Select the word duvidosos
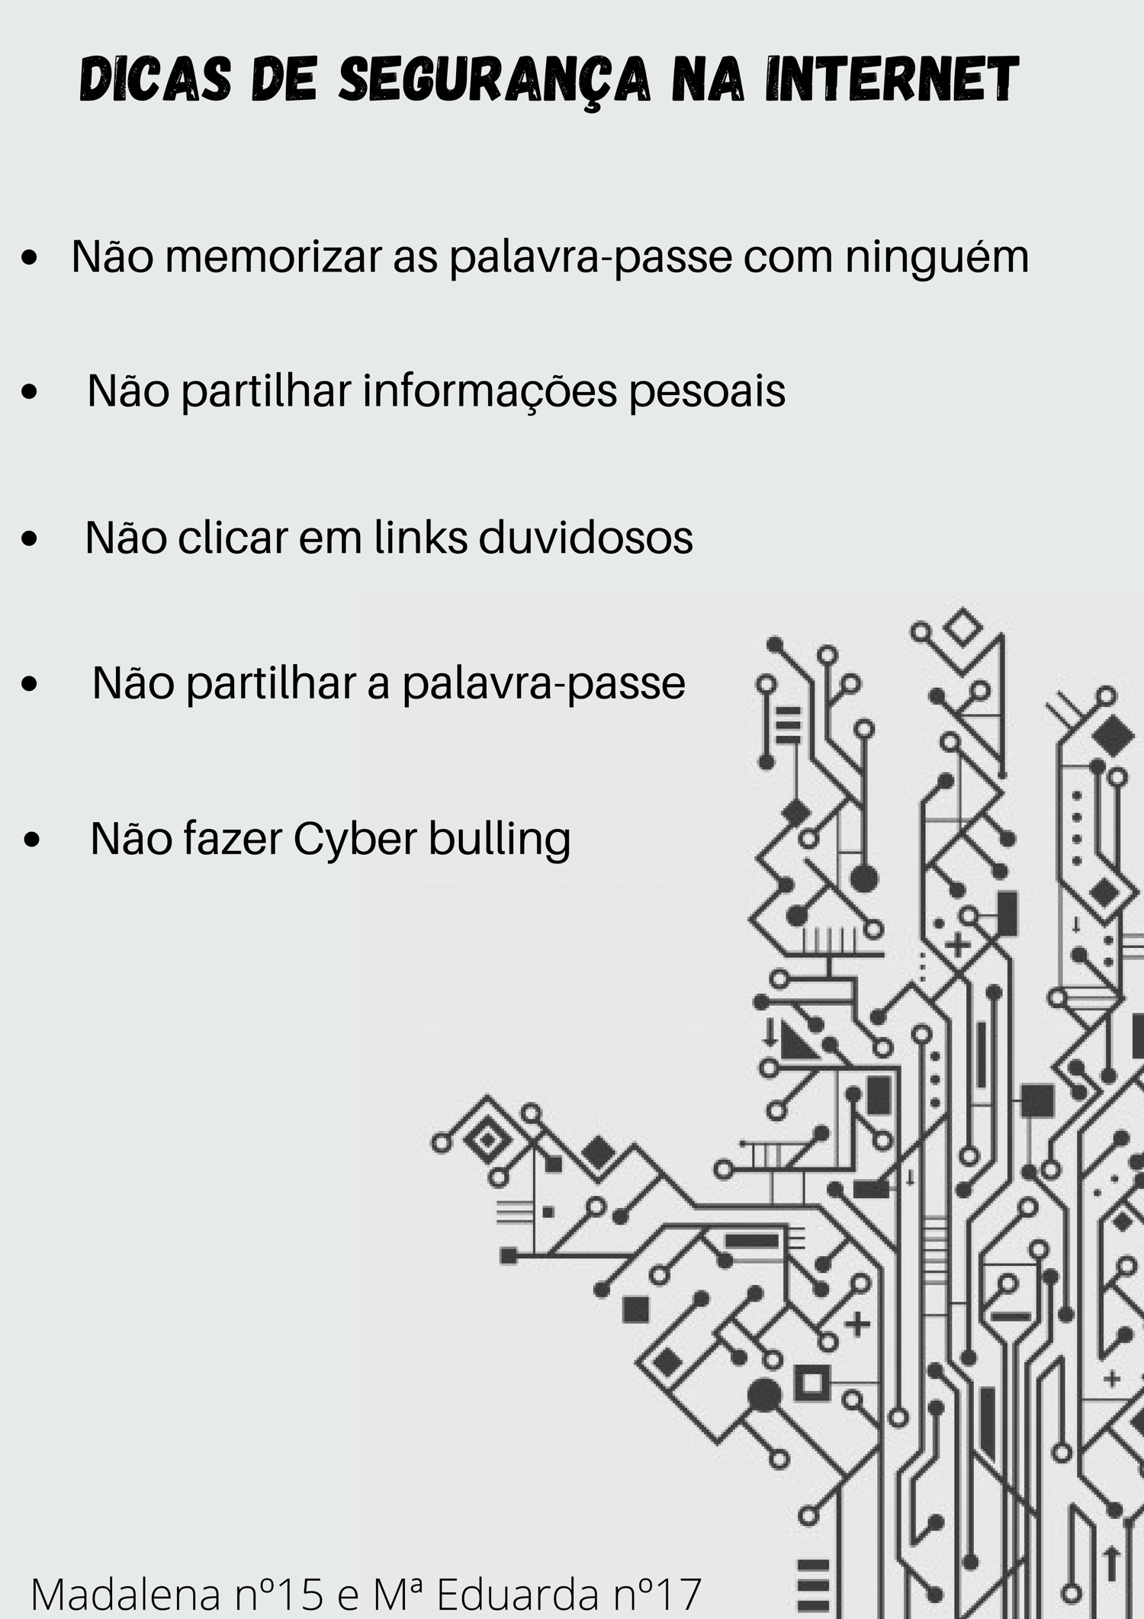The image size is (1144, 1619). point(586,537)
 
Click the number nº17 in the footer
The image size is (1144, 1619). point(657,1595)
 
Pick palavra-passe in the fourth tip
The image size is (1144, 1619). point(544,684)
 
